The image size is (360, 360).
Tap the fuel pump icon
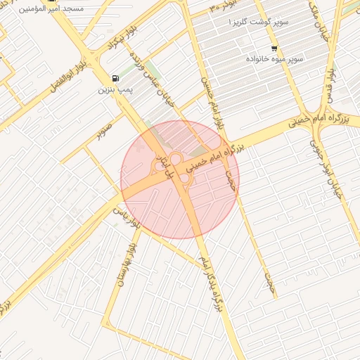[115, 78]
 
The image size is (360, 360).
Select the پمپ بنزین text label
[115, 91]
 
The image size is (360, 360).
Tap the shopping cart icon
[274, 48]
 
